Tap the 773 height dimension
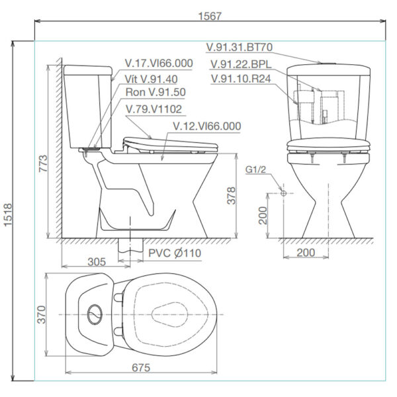(x=42, y=169)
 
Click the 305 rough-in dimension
(x=97, y=261)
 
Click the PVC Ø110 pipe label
(x=175, y=253)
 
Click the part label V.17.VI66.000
(x=159, y=64)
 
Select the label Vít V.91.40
(x=146, y=78)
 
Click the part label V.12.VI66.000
(x=206, y=125)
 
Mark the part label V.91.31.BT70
(x=240, y=48)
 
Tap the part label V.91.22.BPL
(x=240, y=64)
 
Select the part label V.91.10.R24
(x=242, y=79)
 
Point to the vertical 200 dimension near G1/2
(x=263, y=216)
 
